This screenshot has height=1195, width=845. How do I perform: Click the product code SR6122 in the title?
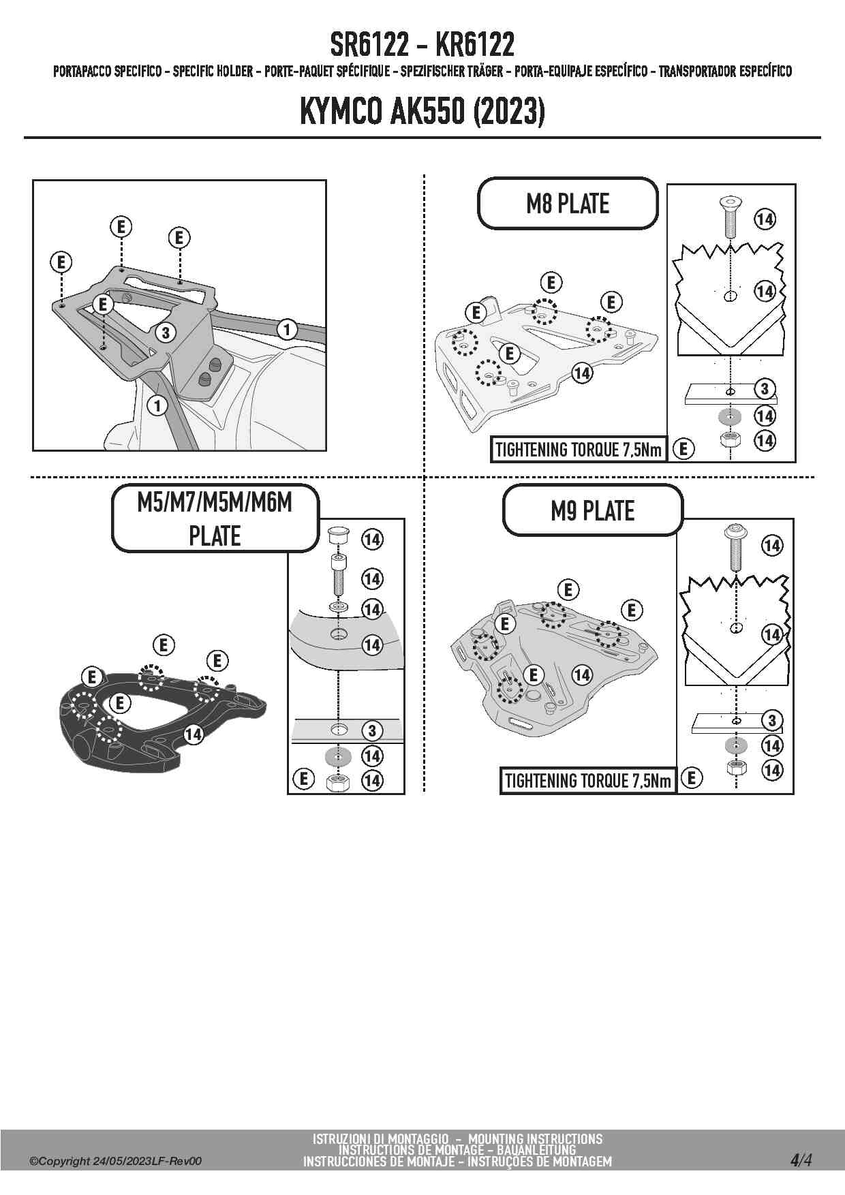pyautogui.click(x=369, y=45)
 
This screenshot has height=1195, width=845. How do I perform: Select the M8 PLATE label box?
pyautogui.click(x=568, y=204)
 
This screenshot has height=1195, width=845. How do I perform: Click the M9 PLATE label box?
pyautogui.click(x=592, y=510)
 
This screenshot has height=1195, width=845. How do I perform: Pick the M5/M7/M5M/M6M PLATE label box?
pyautogui.click(x=215, y=518)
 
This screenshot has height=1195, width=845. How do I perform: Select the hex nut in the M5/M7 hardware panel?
pyautogui.click(x=337, y=781)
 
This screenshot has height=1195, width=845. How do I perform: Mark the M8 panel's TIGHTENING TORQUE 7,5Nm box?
pyautogui.click(x=579, y=450)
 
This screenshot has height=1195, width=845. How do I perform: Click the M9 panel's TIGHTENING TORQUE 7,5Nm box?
pyautogui.click(x=587, y=781)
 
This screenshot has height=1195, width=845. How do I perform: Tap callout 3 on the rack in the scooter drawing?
pyautogui.click(x=165, y=332)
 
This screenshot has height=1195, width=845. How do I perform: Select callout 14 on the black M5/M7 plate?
pyautogui.click(x=194, y=734)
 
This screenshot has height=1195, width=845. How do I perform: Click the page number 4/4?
pyautogui.click(x=801, y=1160)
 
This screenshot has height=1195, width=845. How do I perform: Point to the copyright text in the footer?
pyautogui.click(x=116, y=1162)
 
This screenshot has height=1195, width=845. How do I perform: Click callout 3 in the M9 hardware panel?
pyautogui.click(x=771, y=720)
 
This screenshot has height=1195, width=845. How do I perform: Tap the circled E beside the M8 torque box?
pyautogui.click(x=683, y=449)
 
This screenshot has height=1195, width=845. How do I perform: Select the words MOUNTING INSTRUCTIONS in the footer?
pyautogui.click(x=535, y=1139)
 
